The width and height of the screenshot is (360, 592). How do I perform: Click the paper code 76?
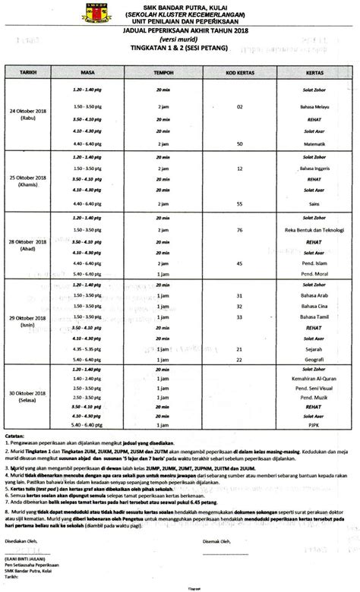(239, 228)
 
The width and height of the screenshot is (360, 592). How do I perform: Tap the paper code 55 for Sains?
(239, 203)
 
